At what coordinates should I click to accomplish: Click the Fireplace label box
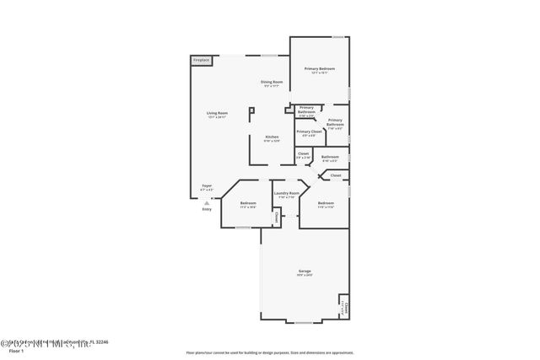(x=201, y=61)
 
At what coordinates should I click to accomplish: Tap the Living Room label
(x=217, y=113)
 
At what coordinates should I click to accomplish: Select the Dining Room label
(x=272, y=82)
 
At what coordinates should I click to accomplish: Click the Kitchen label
(x=272, y=137)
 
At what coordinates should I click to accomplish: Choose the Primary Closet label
(x=310, y=132)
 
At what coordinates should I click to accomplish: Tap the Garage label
(x=304, y=271)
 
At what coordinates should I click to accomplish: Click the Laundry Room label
(x=286, y=193)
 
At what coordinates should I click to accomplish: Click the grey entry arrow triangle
(x=207, y=202)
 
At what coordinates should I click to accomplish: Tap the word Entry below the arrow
(x=207, y=209)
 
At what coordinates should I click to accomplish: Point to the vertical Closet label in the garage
(x=345, y=307)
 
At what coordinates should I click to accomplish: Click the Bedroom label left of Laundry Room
(x=248, y=202)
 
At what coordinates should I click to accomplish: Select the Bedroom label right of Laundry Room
(x=326, y=202)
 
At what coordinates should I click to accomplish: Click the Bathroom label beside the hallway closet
(x=329, y=156)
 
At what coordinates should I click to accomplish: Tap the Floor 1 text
(x=14, y=350)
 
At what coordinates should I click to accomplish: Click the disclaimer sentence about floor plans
(x=269, y=352)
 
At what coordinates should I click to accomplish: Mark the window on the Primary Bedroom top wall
(x=337, y=37)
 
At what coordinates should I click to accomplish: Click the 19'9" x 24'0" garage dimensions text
(x=304, y=275)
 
